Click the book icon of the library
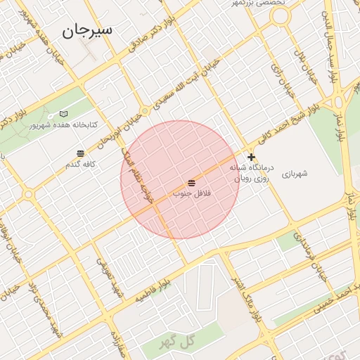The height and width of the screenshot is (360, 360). (65, 113)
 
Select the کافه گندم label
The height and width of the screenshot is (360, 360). (79, 165)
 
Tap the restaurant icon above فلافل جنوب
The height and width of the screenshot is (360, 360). (192, 183)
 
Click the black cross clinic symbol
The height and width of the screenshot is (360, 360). (251, 157)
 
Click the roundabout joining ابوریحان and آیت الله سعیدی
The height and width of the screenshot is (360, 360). (145, 111)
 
